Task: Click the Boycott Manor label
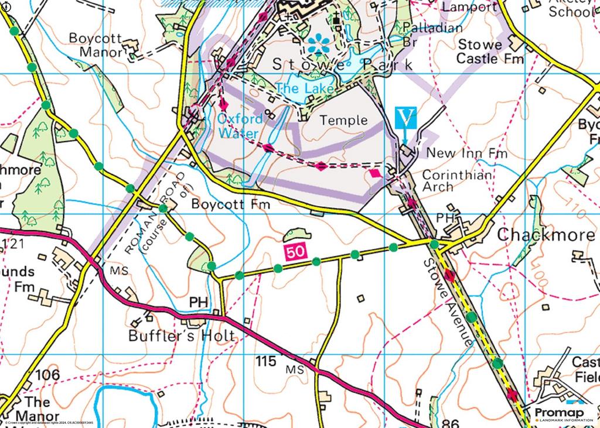point(96,45)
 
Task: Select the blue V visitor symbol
point(406,118)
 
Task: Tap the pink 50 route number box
point(296,252)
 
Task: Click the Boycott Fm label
point(231,205)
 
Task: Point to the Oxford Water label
point(238,125)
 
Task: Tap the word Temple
point(343,121)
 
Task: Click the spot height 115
point(265,362)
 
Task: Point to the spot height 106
point(47,375)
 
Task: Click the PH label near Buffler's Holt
point(199,302)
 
